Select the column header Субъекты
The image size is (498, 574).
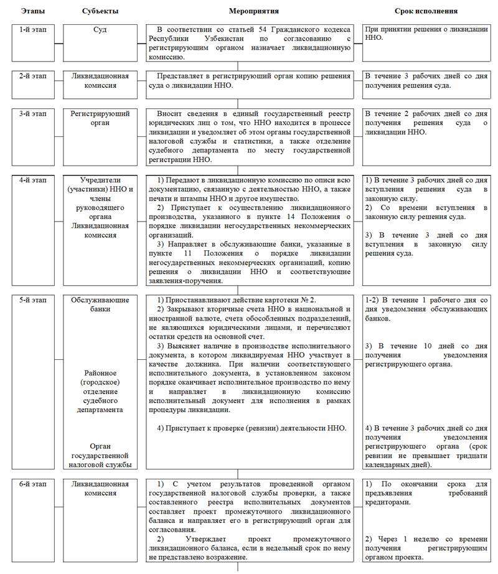(100, 11)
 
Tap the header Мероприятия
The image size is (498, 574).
(253, 11)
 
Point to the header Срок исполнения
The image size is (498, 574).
(426, 11)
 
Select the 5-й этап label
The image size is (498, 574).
(29, 299)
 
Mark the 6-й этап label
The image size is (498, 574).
(29, 483)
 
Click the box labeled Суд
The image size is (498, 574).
(100, 29)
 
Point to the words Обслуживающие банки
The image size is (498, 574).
(100, 304)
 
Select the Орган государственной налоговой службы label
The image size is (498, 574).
(100, 455)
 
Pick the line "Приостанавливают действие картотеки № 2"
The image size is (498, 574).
(235, 299)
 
